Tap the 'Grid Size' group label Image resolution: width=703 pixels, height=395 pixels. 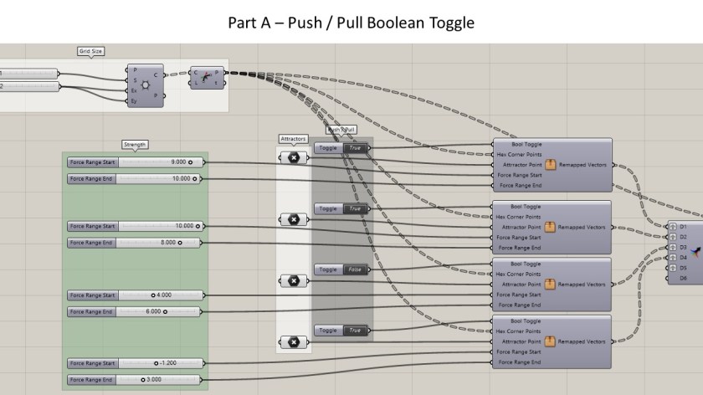[x=90, y=51]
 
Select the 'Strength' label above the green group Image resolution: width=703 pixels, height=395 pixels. [x=134, y=144]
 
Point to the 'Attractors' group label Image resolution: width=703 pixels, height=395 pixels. [x=293, y=138]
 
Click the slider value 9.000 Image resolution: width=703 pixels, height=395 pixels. [x=178, y=162]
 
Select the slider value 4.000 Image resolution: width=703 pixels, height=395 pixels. [x=162, y=295]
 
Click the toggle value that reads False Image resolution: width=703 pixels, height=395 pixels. [x=354, y=269]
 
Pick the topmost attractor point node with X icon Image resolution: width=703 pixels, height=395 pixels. [x=294, y=157]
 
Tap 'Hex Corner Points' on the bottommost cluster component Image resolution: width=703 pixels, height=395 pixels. [x=519, y=331]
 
